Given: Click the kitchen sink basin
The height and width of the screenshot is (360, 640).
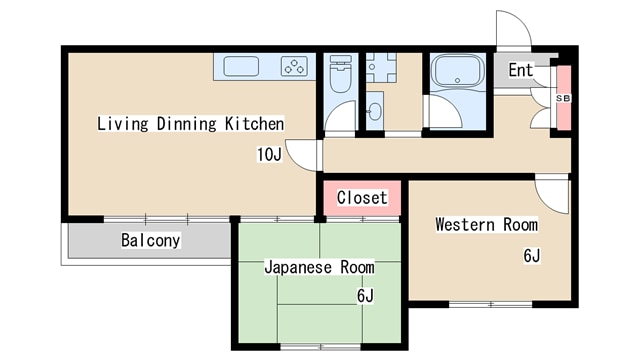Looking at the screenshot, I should (x=243, y=67).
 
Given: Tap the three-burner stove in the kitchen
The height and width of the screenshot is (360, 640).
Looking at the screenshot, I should (x=295, y=67).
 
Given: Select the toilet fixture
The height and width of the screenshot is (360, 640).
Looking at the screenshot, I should (x=339, y=75).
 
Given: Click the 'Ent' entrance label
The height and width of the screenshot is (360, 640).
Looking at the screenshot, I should (x=520, y=70).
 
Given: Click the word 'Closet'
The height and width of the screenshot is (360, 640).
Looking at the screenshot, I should (x=361, y=198).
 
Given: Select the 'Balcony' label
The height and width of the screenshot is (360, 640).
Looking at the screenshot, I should (x=150, y=240).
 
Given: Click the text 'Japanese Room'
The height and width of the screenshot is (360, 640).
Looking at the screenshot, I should (x=319, y=267).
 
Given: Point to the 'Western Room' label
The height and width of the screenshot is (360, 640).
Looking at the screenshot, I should (x=486, y=225).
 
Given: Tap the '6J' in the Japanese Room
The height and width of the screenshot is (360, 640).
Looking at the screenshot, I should (x=365, y=296).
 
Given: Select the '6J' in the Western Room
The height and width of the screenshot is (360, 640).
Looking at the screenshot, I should (x=532, y=255).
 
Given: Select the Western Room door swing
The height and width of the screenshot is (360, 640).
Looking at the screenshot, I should (x=550, y=190).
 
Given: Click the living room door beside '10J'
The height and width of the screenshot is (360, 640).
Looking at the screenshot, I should (x=311, y=155).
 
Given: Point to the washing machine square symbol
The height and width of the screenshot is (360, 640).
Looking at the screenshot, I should (x=380, y=67).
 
